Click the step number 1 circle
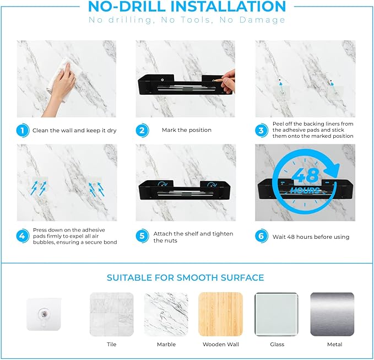pyautogui.click(x=23, y=131)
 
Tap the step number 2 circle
pyautogui.click(x=142, y=131)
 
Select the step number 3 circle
pyautogui.click(x=261, y=131)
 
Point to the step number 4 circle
pyautogui.click(x=23, y=236)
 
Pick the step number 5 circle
pyautogui.click(x=142, y=236)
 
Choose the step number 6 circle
pyautogui.click(x=261, y=236)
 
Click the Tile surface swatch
pyautogui.click(x=112, y=314)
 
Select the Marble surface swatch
pyautogui.click(x=166, y=314)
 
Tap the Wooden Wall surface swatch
pyautogui.click(x=221, y=314)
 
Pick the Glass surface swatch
pyautogui.click(x=277, y=314)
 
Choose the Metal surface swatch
pyautogui.click(x=332, y=314)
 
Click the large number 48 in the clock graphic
pyautogui.click(x=305, y=176)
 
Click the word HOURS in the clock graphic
pyautogui.click(x=305, y=190)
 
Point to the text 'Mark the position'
pyautogui.click(x=187, y=130)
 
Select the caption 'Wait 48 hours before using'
pyautogui.click(x=311, y=237)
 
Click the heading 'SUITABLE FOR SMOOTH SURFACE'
pyautogui.click(x=185, y=278)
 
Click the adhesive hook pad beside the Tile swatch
pyautogui.click(x=44, y=314)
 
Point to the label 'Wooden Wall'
pyautogui.click(x=221, y=344)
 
